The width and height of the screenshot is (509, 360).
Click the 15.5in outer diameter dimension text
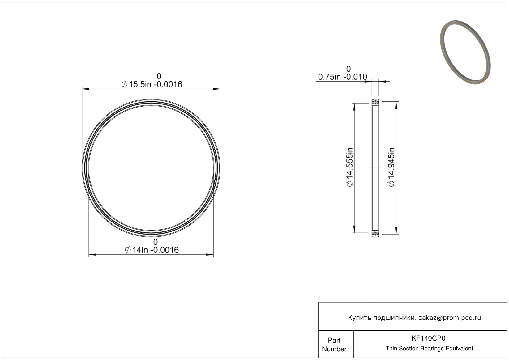click(152, 84)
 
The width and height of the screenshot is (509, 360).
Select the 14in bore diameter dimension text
click(152, 250)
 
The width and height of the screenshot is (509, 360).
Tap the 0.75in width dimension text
click(342, 77)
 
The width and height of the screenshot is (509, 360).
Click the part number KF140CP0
click(428, 338)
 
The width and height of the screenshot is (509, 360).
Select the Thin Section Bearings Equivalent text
click(429, 348)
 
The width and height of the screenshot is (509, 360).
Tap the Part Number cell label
click(334, 344)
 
